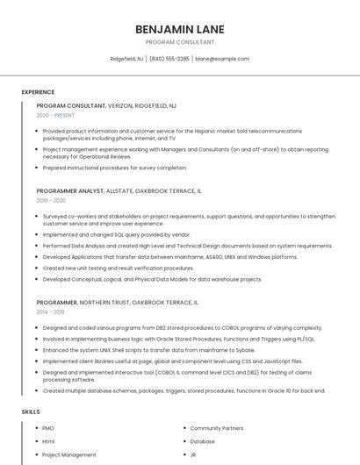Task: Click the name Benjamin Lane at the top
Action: [179, 29]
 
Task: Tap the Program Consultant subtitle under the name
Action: [179, 42]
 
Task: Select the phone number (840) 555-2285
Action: [169, 59]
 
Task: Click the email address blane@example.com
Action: [222, 59]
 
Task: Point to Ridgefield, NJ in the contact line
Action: [127, 59]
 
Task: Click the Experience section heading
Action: [38, 92]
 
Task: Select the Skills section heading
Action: [31, 411]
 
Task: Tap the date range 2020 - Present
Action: [55, 116]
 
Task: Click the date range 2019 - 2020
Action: [51, 201]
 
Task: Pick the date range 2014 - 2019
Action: [51, 312]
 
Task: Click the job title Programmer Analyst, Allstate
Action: [119, 190]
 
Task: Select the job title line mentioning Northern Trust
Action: [117, 302]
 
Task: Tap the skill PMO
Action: [48, 428]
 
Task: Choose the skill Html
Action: [48, 441]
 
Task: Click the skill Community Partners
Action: [217, 428]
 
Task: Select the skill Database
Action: [203, 441]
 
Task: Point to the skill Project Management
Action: [69, 454]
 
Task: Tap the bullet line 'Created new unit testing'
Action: [119, 268]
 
